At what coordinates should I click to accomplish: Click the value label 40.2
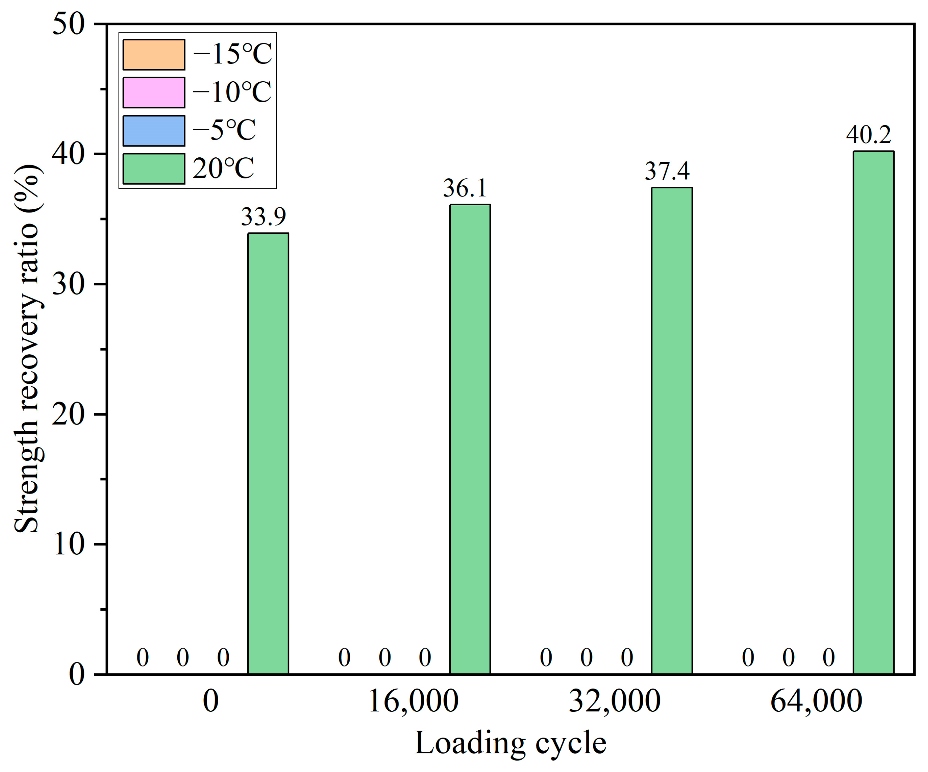[x=868, y=135]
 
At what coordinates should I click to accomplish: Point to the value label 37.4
[x=667, y=172]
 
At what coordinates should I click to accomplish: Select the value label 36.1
[x=465, y=188]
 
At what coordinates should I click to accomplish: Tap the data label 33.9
[x=263, y=216]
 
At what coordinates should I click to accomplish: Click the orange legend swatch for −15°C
[x=154, y=55]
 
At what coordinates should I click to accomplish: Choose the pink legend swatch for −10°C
[x=154, y=93]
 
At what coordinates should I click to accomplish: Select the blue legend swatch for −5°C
[x=154, y=131]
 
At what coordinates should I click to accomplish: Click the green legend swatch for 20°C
[x=154, y=169]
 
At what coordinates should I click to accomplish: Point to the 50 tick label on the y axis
[x=69, y=24]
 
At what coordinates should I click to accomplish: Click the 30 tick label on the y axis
[x=69, y=285]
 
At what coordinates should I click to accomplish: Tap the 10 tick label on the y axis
[x=69, y=544]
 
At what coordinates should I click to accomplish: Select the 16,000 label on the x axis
[x=413, y=701]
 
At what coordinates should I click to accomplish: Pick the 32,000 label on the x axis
[x=614, y=701]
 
